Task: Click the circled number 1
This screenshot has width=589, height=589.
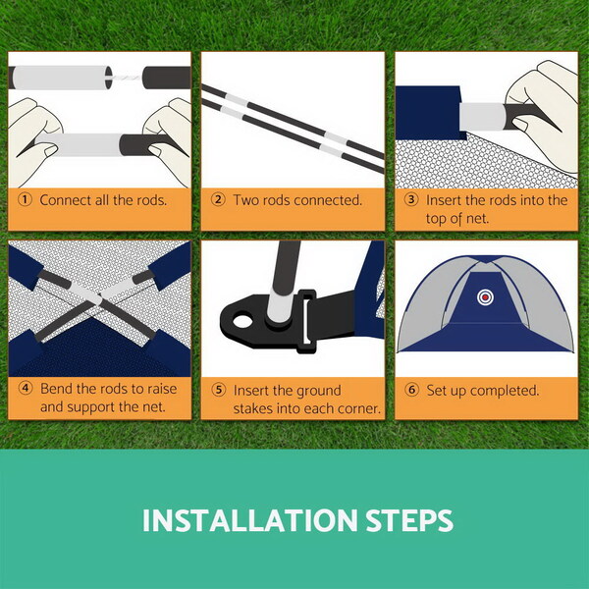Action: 25,199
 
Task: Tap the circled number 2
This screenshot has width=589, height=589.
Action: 218,199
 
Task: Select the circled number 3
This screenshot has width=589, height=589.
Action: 411,199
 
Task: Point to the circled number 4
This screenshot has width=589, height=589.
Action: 26,389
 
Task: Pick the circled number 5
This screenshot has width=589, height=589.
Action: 218,390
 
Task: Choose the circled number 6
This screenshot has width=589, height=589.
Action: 411,390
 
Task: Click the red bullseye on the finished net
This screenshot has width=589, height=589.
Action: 485,297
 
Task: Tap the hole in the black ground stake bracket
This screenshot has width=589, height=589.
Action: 242,322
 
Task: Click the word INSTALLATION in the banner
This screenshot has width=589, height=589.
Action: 249,520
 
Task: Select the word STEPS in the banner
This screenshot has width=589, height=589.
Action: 409,520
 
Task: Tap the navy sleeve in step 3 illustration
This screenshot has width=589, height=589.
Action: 428,113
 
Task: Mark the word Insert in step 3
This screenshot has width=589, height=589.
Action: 444,200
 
